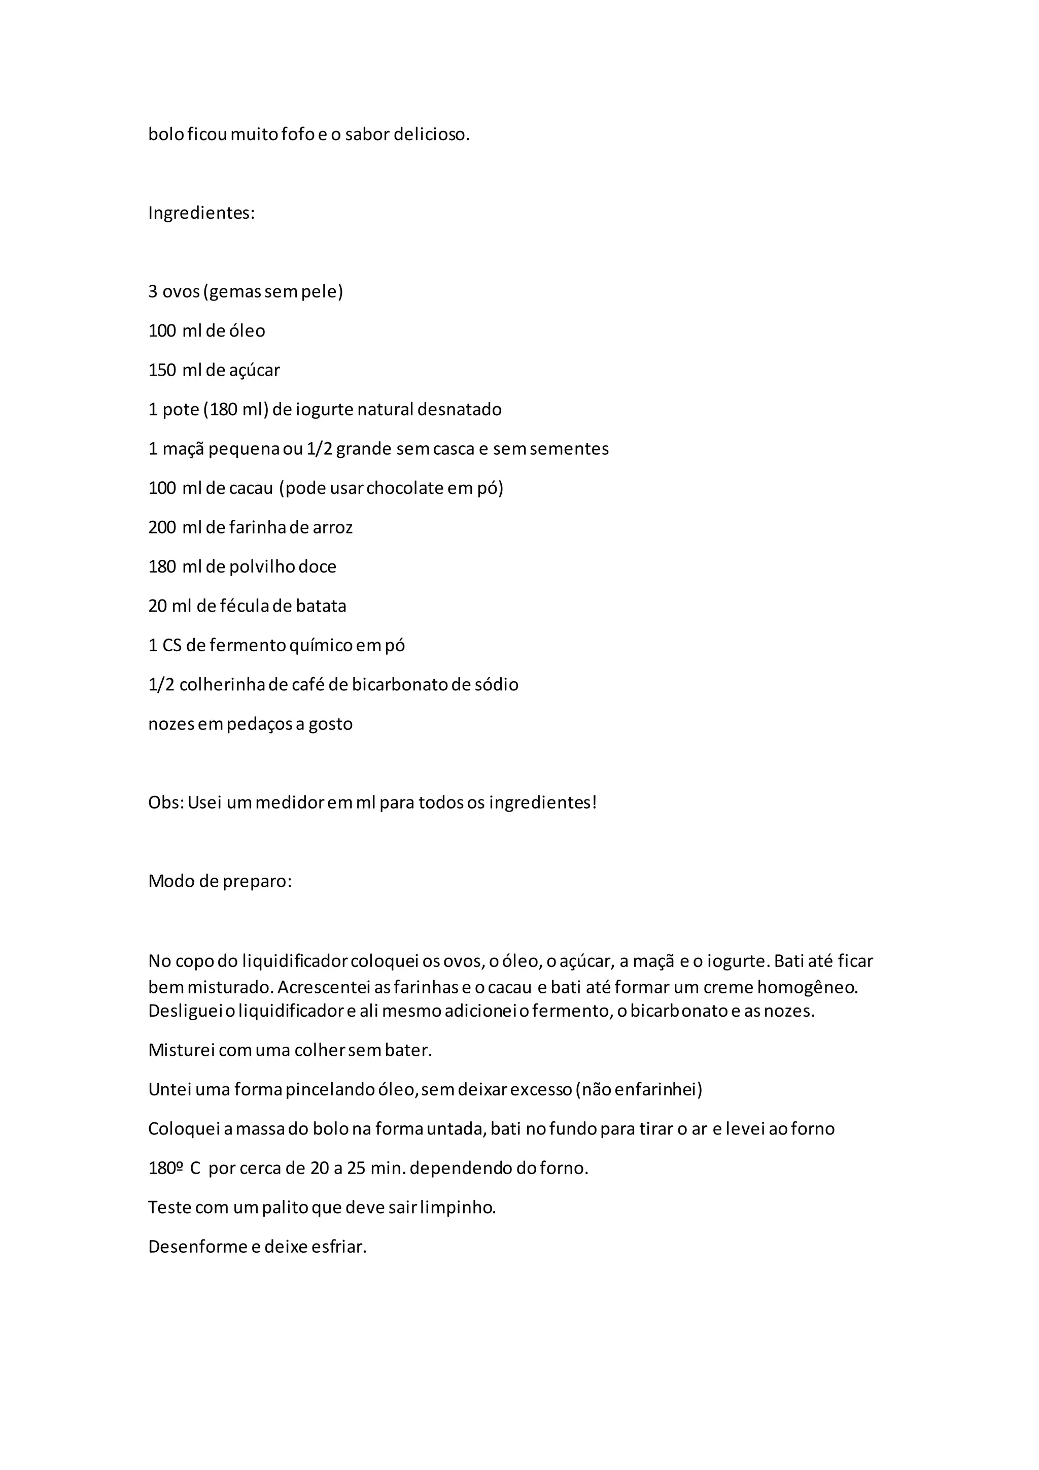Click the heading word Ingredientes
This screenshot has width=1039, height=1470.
tap(200, 213)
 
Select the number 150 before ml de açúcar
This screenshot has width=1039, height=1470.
tap(162, 370)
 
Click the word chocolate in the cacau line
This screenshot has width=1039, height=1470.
tap(405, 488)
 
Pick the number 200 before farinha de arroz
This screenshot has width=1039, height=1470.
tap(162, 527)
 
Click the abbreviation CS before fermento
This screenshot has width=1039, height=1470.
tap(172, 645)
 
